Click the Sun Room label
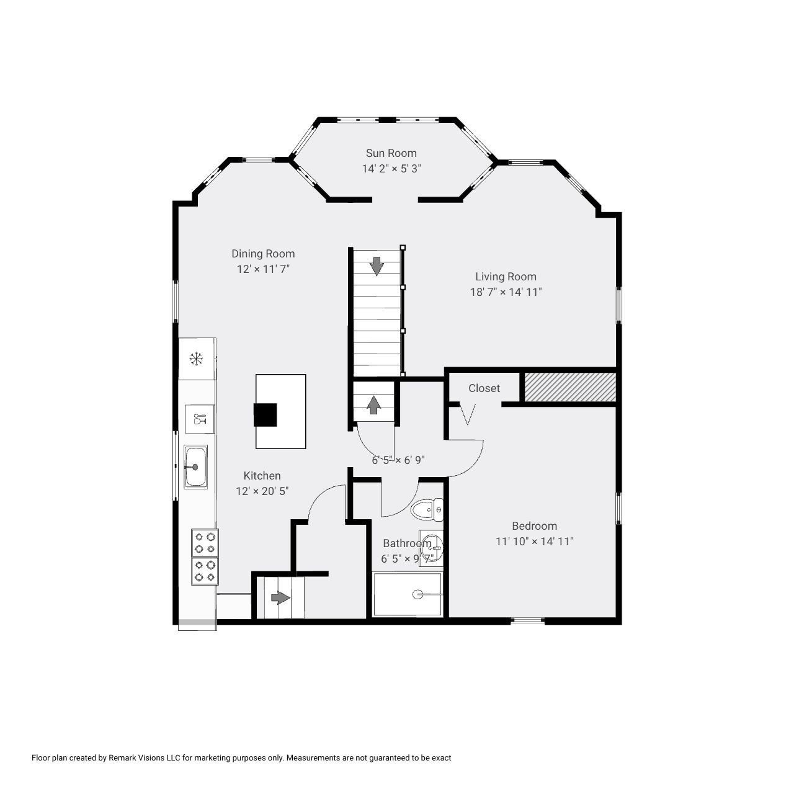pyautogui.click(x=391, y=153)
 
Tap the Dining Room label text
pyautogui.click(x=263, y=254)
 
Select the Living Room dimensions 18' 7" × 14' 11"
pyautogui.click(x=506, y=292)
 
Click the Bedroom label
pyautogui.click(x=534, y=526)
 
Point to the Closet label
pyautogui.click(x=484, y=388)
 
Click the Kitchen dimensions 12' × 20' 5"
pyautogui.click(x=262, y=491)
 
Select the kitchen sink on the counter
pyautogui.click(x=195, y=466)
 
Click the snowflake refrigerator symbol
pyautogui.click(x=197, y=359)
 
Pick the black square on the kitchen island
pyautogui.click(x=265, y=414)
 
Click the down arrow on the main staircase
pyautogui.click(x=377, y=266)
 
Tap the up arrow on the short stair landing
pyautogui.click(x=373, y=405)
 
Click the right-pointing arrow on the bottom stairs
pyautogui.click(x=280, y=598)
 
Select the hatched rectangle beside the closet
pyautogui.click(x=570, y=387)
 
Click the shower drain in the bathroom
pyautogui.click(x=418, y=595)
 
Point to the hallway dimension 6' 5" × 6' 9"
pyautogui.click(x=398, y=460)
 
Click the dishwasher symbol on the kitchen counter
pyautogui.click(x=199, y=419)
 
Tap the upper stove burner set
pyautogui.click(x=205, y=543)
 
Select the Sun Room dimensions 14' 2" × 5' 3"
pyautogui.click(x=391, y=169)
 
